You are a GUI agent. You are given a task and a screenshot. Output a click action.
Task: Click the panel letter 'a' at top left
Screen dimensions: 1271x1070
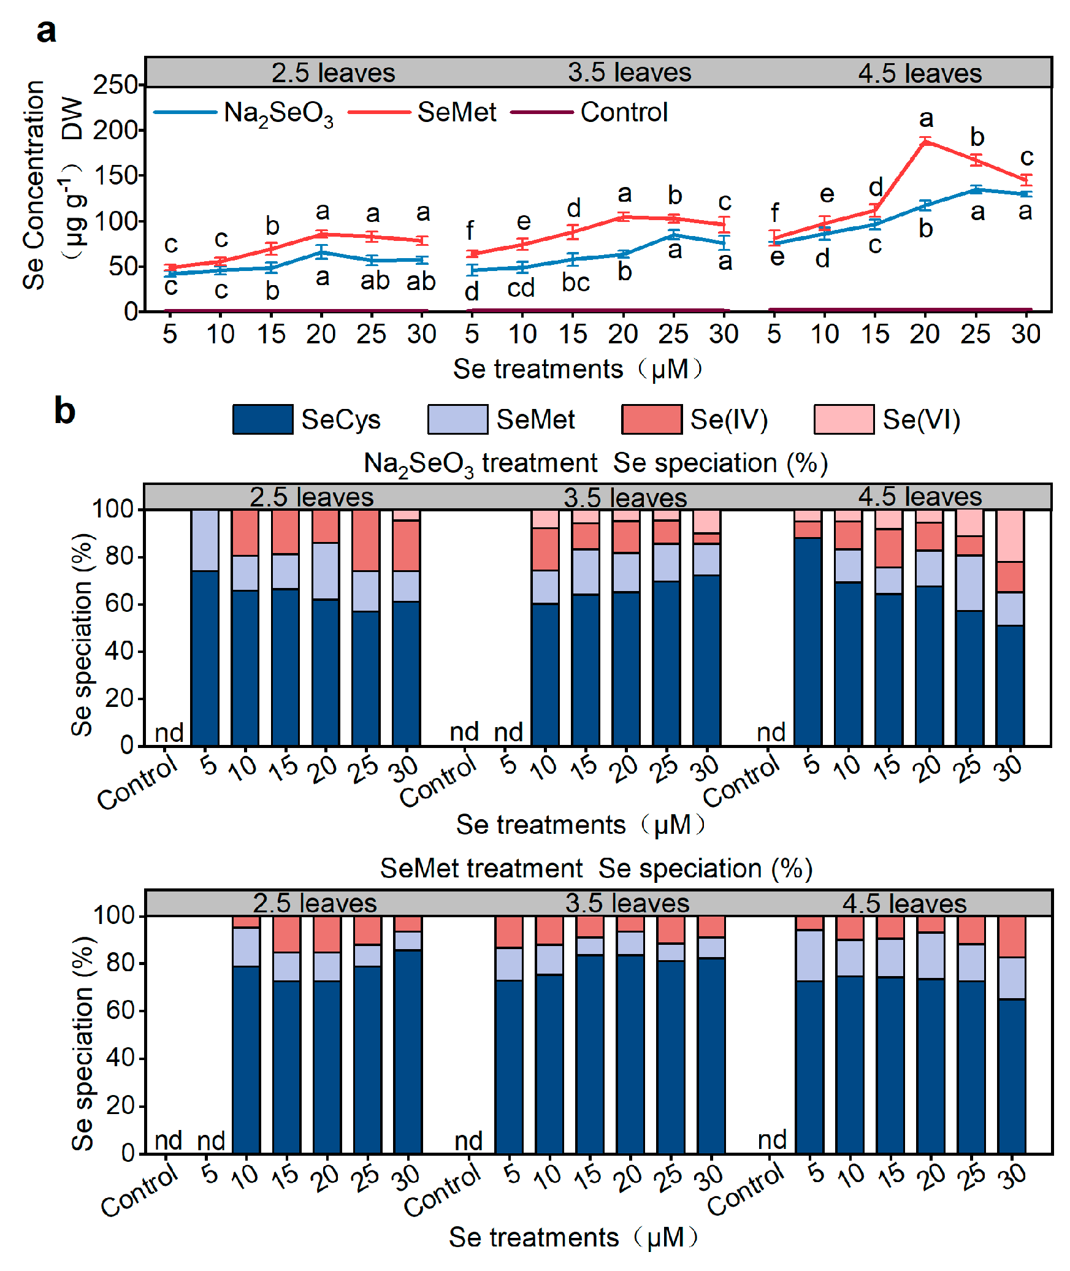click(x=46, y=31)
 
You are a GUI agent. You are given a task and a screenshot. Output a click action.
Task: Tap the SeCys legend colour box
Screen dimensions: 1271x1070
click(x=262, y=419)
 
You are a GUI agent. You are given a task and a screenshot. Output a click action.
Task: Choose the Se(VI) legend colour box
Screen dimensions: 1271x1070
click(x=843, y=419)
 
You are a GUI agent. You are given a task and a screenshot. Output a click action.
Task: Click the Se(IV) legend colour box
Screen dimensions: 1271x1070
click(x=651, y=419)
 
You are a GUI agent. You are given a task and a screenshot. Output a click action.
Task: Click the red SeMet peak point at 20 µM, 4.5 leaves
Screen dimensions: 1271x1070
click(x=925, y=142)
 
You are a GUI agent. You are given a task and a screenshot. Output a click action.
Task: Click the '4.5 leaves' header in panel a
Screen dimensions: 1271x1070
click(x=919, y=74)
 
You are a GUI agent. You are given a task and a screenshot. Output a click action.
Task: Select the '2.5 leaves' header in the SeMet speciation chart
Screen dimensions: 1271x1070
click(x=315, y=903)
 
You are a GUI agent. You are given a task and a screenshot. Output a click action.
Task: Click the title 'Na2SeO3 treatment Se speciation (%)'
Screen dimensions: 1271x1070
click(x=595, y=464)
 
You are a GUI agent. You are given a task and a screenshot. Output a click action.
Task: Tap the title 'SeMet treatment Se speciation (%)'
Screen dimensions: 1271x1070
click(x=596, y=869)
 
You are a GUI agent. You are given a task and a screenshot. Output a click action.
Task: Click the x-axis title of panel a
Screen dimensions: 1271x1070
click(x=578, y=369)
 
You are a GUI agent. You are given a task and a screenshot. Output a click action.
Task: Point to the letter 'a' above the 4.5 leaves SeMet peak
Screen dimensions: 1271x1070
click(x=926, y=118)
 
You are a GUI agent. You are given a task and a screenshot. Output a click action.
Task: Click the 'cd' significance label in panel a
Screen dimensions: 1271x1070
click(x=521, y=288)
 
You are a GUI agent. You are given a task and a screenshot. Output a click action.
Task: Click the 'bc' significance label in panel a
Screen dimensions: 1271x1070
click(x=575, y=282)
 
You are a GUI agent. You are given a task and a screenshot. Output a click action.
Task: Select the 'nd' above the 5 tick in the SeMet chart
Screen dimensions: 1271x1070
click(x=211, y=1141)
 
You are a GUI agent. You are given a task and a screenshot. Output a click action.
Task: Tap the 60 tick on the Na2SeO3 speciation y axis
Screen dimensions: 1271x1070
click(x=118, y=604)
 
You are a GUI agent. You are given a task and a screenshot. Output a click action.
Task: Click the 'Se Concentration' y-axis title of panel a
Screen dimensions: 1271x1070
click(x=34, y=184)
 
